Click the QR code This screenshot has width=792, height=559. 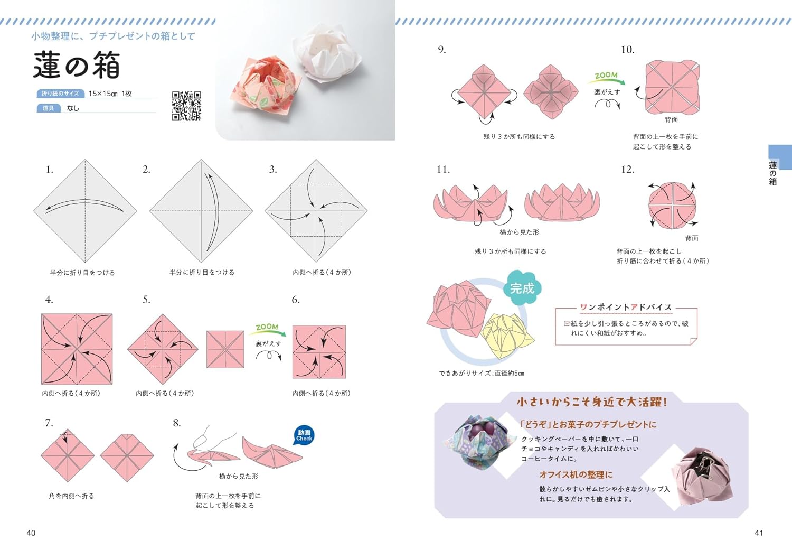point(187,106)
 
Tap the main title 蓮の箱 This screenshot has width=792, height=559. point(77,65)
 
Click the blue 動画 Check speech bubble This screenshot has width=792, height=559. point(304,435)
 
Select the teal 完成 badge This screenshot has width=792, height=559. point(522,288)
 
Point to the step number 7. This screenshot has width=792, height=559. point(49,423)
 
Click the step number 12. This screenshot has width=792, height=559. point(628,170)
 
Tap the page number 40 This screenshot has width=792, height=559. point(31,533)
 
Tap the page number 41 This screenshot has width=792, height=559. point(759,533)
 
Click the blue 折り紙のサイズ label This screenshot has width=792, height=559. point(61,94)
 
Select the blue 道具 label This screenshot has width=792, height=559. point(49,108)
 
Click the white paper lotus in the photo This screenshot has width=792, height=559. point(327,52)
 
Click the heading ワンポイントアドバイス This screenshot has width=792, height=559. point(626,307)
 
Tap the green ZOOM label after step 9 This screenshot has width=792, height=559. point(606,76)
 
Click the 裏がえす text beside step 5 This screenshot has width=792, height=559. point(268,343)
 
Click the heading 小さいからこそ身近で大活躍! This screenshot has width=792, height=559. point(591,402)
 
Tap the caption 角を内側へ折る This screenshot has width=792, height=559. point(71,496)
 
